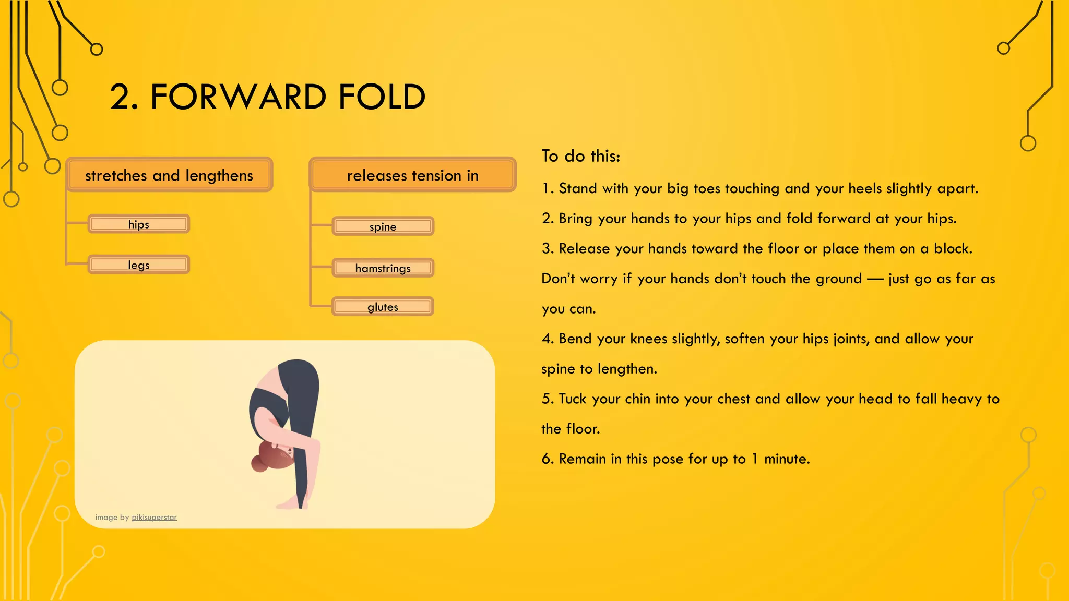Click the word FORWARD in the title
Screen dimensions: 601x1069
(239, 97)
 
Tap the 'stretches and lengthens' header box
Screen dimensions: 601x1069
(169, 175)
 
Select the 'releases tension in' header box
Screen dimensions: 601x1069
(412, 175)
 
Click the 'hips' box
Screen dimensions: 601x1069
(139, 224)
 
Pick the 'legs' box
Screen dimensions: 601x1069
(139, 265)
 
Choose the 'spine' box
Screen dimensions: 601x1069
(383, 227)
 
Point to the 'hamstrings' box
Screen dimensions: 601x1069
(383, 268)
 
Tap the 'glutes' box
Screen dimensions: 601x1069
(383, 307)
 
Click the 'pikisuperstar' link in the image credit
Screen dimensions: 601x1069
(154, 518)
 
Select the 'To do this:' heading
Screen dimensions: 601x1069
(580, 156)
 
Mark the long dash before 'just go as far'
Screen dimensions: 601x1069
(875, 279)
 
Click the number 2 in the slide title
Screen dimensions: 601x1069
(120, 97)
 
